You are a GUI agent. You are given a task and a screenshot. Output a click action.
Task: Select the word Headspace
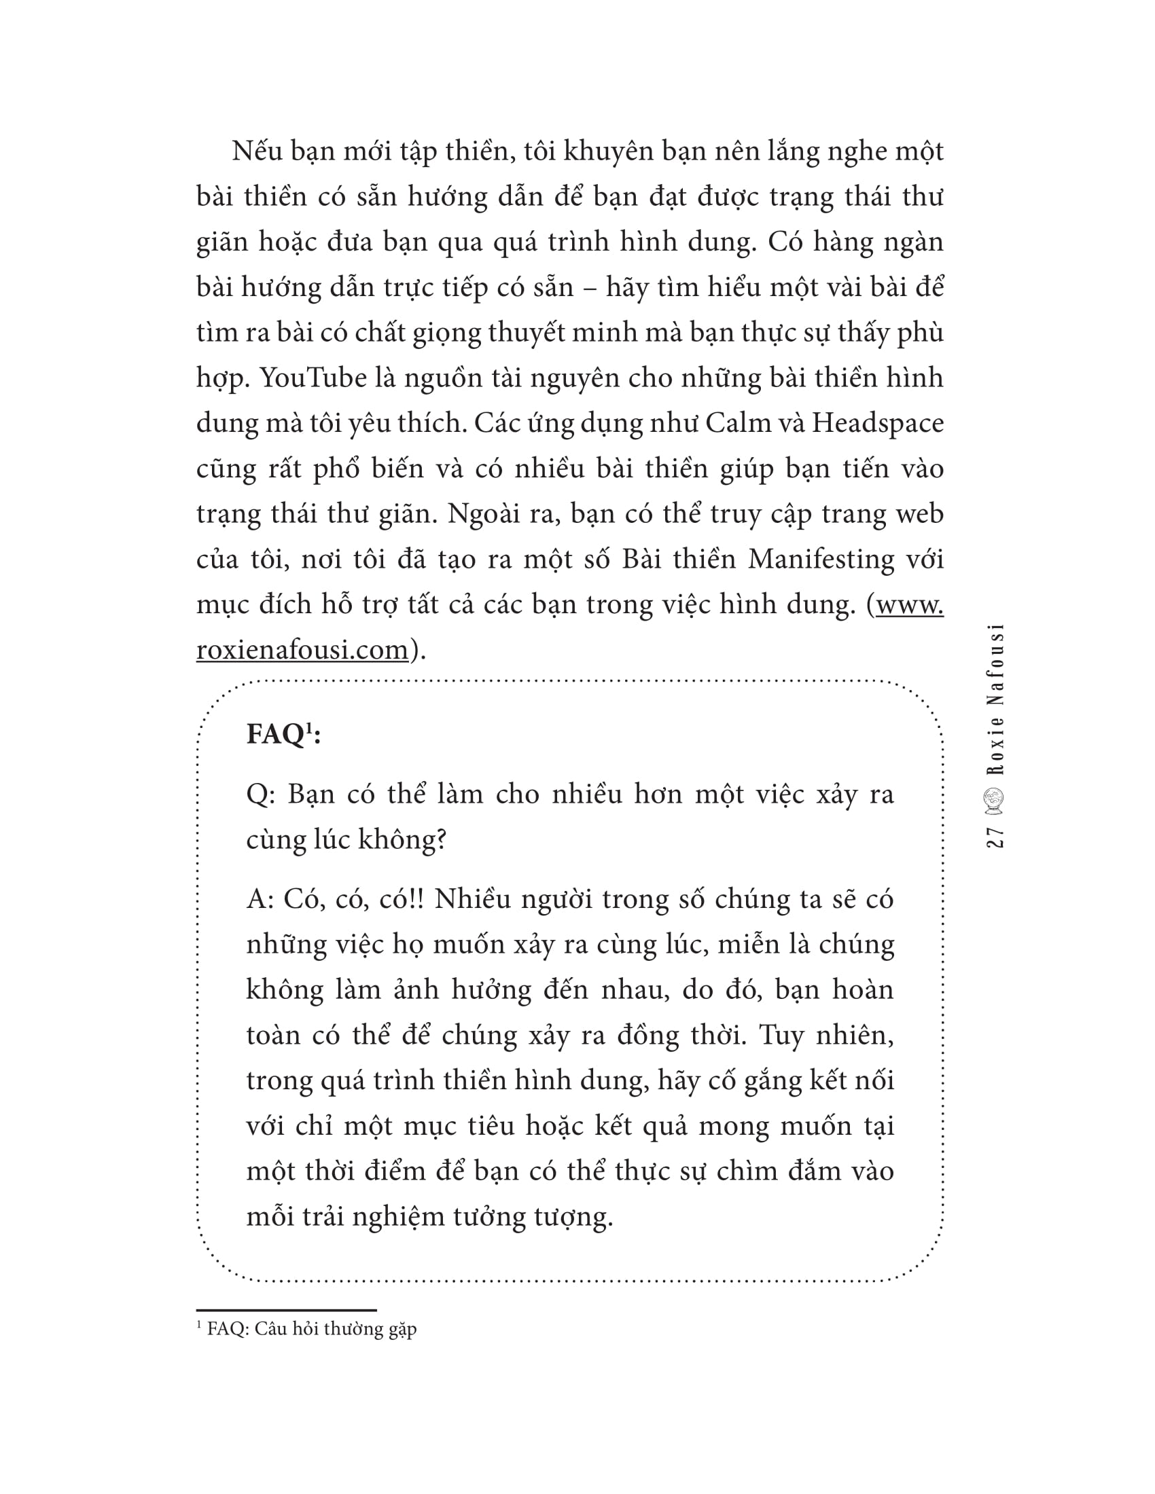[878, 424]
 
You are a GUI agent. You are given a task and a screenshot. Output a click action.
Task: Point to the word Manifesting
[821, 560]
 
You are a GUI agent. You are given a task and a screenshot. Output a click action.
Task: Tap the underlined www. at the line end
[909, 604]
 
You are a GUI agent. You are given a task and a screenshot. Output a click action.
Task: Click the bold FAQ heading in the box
[275, 735]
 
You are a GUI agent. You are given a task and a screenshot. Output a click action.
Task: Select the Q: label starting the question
[260, 795]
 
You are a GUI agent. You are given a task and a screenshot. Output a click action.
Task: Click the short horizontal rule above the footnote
[287, 1310]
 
